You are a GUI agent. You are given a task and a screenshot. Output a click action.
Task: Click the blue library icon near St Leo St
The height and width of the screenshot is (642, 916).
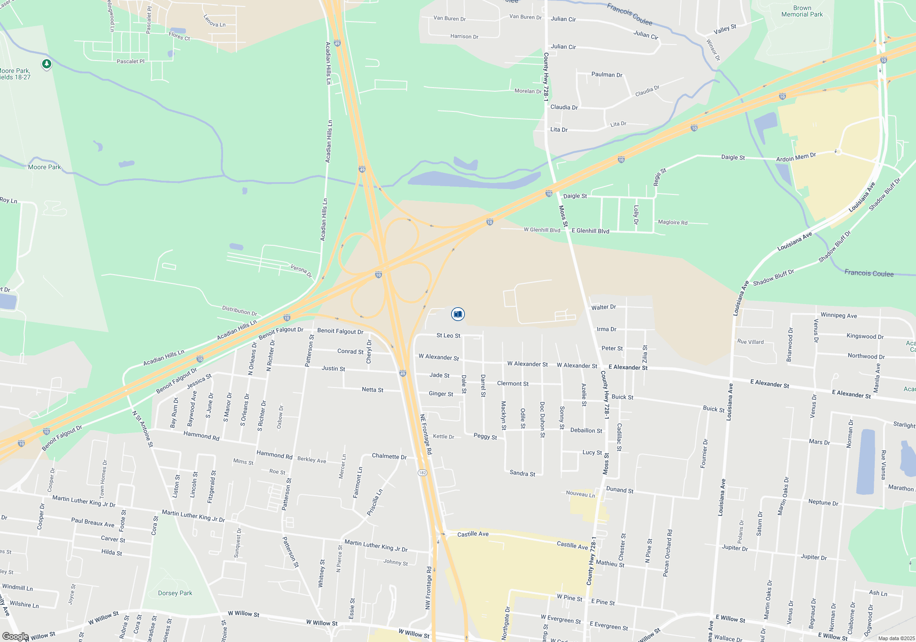pos(458,314)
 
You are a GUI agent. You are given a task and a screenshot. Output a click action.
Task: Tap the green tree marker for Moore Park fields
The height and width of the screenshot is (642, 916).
pos(46,64)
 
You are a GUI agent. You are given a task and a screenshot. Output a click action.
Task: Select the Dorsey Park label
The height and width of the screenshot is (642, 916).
pos(175,593)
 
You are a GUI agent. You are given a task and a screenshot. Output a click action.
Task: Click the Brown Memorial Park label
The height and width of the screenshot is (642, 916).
pos(802,11)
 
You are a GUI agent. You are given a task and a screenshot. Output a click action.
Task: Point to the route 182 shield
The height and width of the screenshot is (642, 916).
pos(422,472)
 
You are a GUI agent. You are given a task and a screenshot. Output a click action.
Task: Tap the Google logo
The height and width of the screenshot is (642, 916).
pos(15,636)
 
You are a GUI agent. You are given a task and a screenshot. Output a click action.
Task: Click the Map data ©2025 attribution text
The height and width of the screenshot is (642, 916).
pos(896,638)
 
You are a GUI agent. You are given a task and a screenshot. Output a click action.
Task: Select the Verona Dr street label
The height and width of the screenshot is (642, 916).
pos(301,271)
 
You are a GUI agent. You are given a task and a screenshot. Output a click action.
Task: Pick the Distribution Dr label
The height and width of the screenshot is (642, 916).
pos(240,310)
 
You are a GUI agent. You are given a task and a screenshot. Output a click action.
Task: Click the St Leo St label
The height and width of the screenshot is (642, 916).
pos(448,336)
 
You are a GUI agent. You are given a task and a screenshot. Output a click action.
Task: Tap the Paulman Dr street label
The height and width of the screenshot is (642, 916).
pos(606,75)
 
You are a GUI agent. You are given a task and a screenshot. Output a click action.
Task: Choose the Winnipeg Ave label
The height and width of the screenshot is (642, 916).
pos(839,315)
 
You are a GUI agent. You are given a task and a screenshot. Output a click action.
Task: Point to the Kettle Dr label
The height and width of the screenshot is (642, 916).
pos(443,437)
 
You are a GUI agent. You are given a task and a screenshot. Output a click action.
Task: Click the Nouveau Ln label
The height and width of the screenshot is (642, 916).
pos(580,494)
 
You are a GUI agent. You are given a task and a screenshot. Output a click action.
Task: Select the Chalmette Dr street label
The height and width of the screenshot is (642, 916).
pos(389,456)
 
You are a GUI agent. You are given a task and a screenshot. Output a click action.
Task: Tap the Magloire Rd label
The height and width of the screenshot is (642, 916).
pos(672,222)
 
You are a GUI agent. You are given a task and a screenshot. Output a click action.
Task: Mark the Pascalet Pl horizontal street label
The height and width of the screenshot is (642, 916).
pos(131,61)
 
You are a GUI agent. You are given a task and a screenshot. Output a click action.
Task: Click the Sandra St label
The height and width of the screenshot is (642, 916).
pos(522,473)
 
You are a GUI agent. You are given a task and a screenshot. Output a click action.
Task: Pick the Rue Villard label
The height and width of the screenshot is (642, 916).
pos(750,342)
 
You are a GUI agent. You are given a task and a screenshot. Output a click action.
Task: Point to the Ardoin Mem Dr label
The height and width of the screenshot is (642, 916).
pos(796,157)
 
